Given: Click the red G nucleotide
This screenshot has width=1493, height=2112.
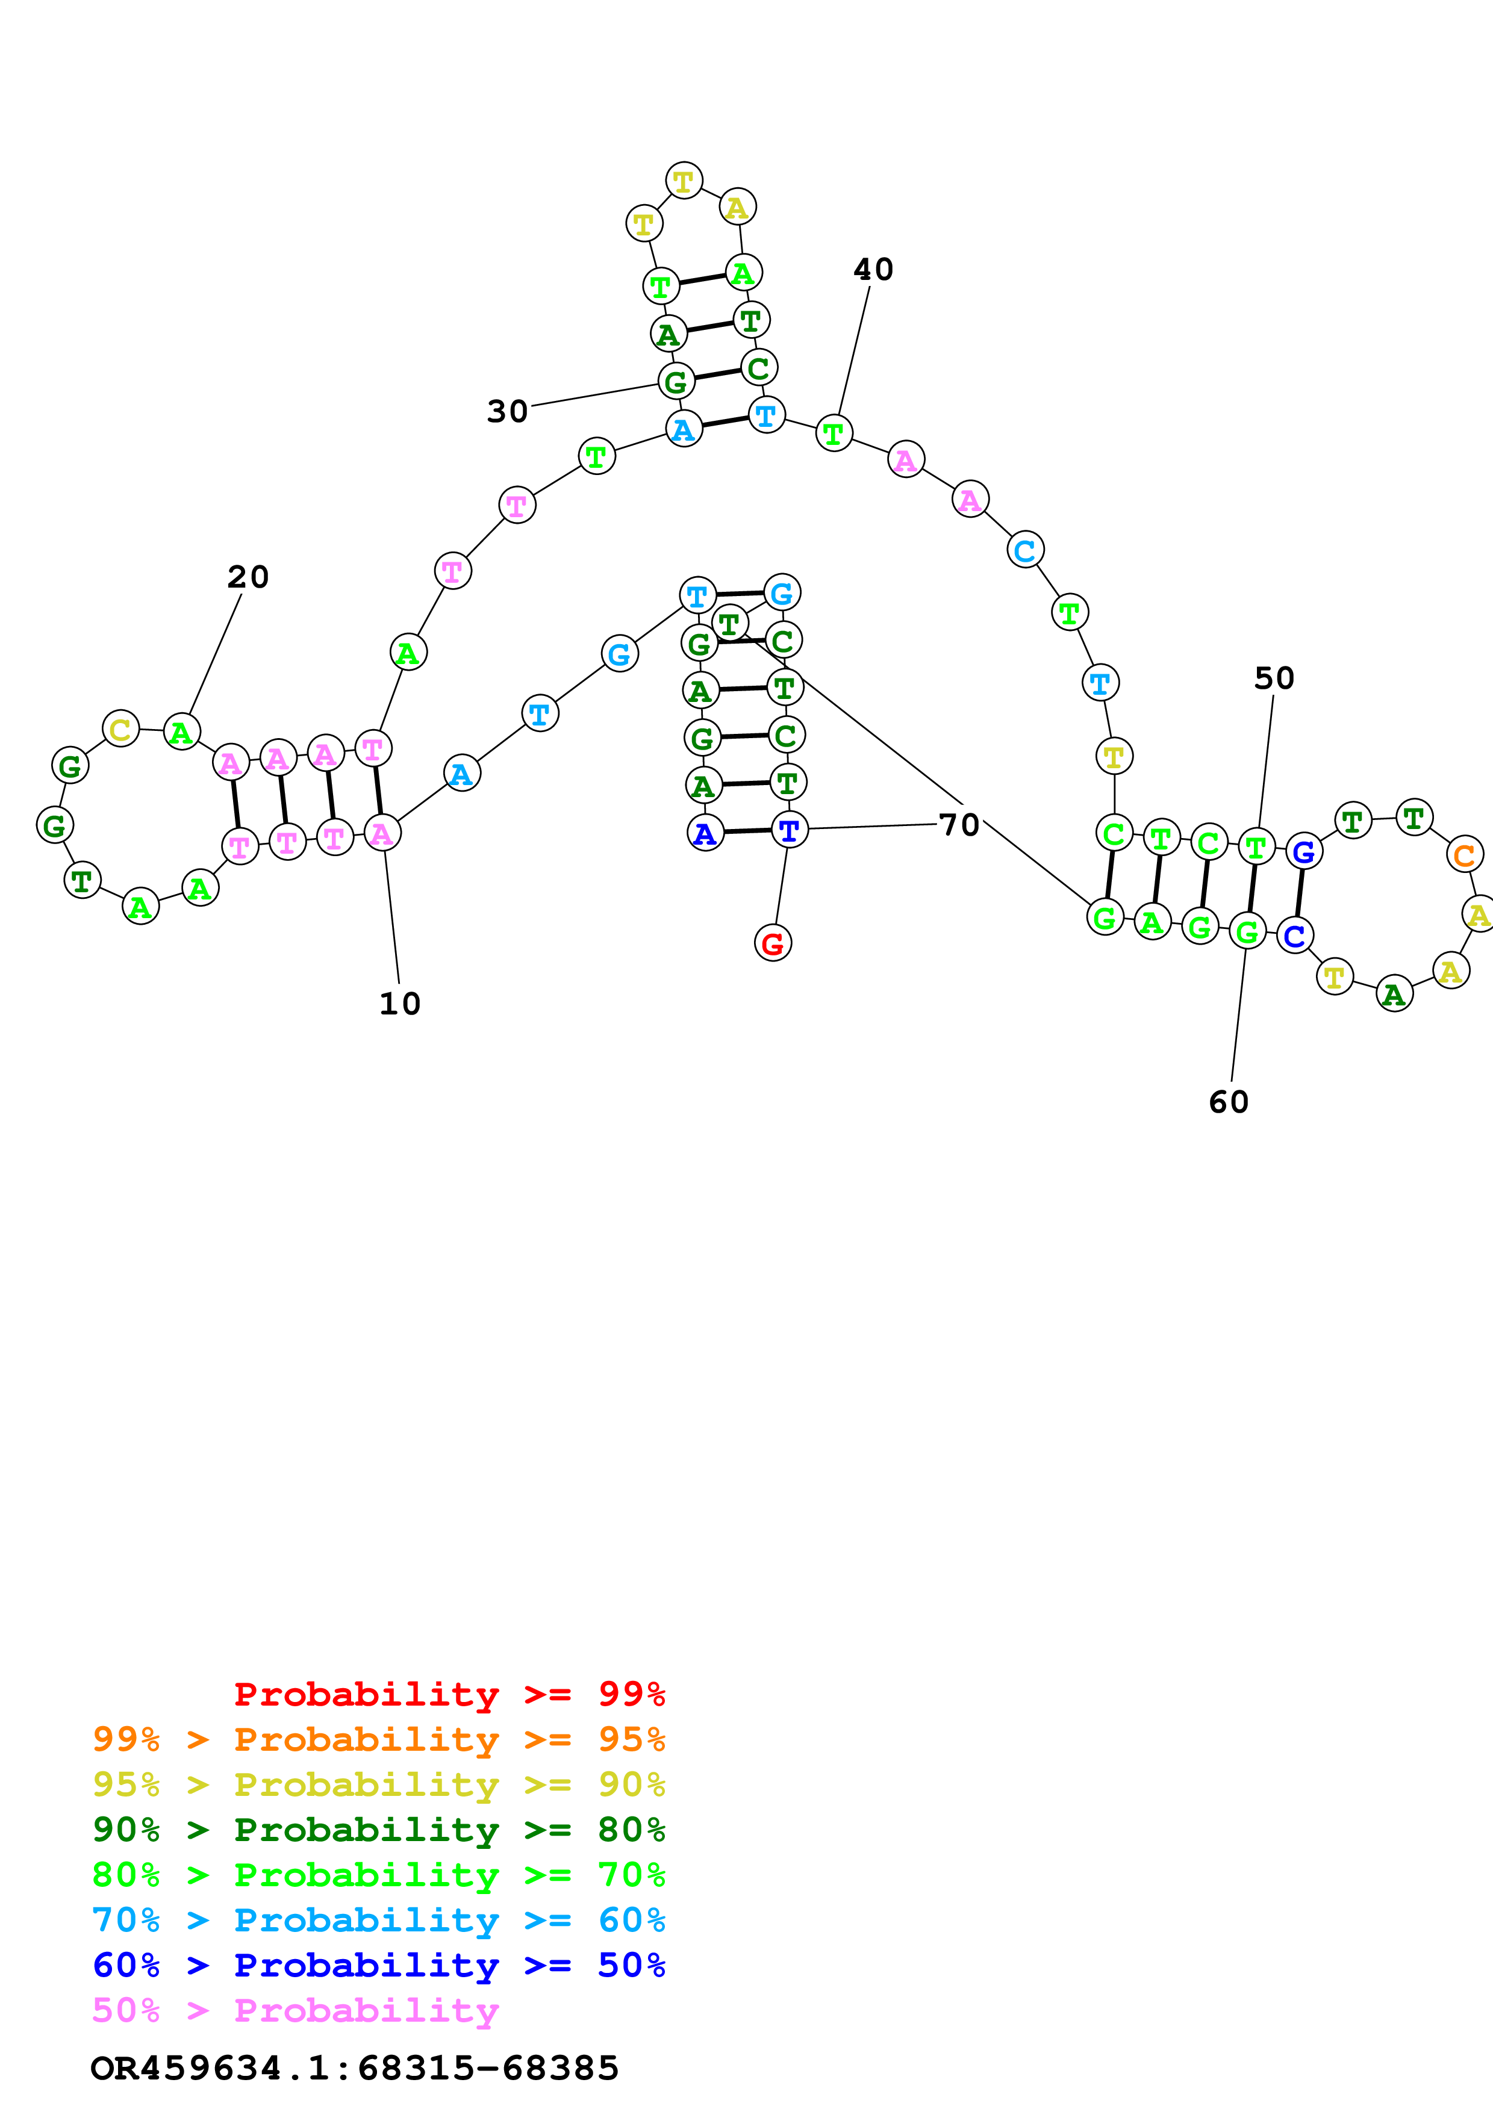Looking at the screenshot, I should (x=773, y=943).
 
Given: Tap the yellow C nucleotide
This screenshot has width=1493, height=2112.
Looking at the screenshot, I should (x=120, y=730).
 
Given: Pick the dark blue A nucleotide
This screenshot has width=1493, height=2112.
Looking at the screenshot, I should (x=705, y=833).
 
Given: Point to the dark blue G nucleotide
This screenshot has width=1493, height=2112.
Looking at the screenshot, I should (x=1303, y=852).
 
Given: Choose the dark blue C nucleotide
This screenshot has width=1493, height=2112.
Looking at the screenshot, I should (x=1294, y=936).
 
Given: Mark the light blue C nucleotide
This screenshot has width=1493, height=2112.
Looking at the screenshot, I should (x=1025, y=550).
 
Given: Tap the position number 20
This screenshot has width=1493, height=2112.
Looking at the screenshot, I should (x=248, y=577).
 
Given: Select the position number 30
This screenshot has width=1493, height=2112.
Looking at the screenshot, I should (x=508, y=411).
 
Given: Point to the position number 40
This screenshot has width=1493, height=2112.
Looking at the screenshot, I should (x=873, y=270).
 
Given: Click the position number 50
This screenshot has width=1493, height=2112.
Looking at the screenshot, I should (x=1274, y=678).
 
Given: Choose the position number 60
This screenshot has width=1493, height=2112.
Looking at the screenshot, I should (x=1229, y=1102).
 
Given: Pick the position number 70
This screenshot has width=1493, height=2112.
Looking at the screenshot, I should (x=959, y=824).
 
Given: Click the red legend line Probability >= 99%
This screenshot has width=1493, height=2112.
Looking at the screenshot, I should (x=449, y=1694).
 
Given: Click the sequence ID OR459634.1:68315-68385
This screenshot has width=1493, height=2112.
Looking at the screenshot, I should (x=354, y=2069).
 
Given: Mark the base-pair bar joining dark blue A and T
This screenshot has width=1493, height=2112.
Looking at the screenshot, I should (x=747, y=831).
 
